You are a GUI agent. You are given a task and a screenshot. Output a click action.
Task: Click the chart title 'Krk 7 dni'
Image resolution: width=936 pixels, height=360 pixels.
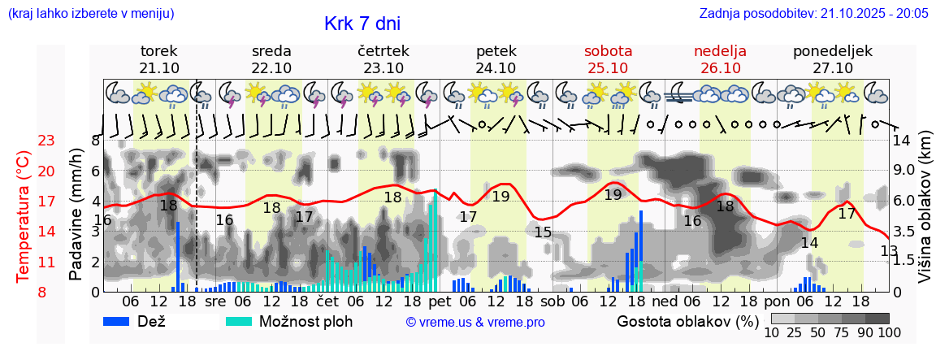(x=362, y=24)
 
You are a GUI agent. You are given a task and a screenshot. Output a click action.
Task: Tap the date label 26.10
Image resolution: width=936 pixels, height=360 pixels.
(x=720, y=67)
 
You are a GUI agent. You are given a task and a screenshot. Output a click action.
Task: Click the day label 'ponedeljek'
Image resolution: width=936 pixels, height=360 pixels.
(x=833, y=51)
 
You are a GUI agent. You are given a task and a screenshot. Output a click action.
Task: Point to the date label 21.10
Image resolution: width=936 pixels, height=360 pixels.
(x=158, y=67)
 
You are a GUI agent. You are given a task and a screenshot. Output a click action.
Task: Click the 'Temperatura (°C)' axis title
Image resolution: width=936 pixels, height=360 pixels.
(x=23, y=215)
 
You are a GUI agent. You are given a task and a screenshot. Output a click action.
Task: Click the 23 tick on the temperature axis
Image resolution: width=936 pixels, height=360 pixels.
(x=46, y=141)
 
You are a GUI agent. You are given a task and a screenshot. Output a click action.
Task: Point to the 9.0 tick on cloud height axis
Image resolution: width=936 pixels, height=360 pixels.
(x=904, y=171)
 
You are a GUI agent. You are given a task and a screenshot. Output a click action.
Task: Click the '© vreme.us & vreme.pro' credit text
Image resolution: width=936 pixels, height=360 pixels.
(x=474, y=322)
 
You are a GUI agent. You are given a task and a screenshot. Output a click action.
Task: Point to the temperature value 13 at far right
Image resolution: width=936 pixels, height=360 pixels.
(x=889, y=251)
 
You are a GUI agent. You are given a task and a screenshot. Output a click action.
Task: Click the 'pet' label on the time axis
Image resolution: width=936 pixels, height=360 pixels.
(x=440, y=301)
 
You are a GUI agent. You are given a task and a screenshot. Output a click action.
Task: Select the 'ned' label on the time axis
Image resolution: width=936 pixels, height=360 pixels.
(x=665, y=301)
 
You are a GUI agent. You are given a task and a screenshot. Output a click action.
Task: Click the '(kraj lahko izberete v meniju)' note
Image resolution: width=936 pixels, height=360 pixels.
(x=90, y=13)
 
